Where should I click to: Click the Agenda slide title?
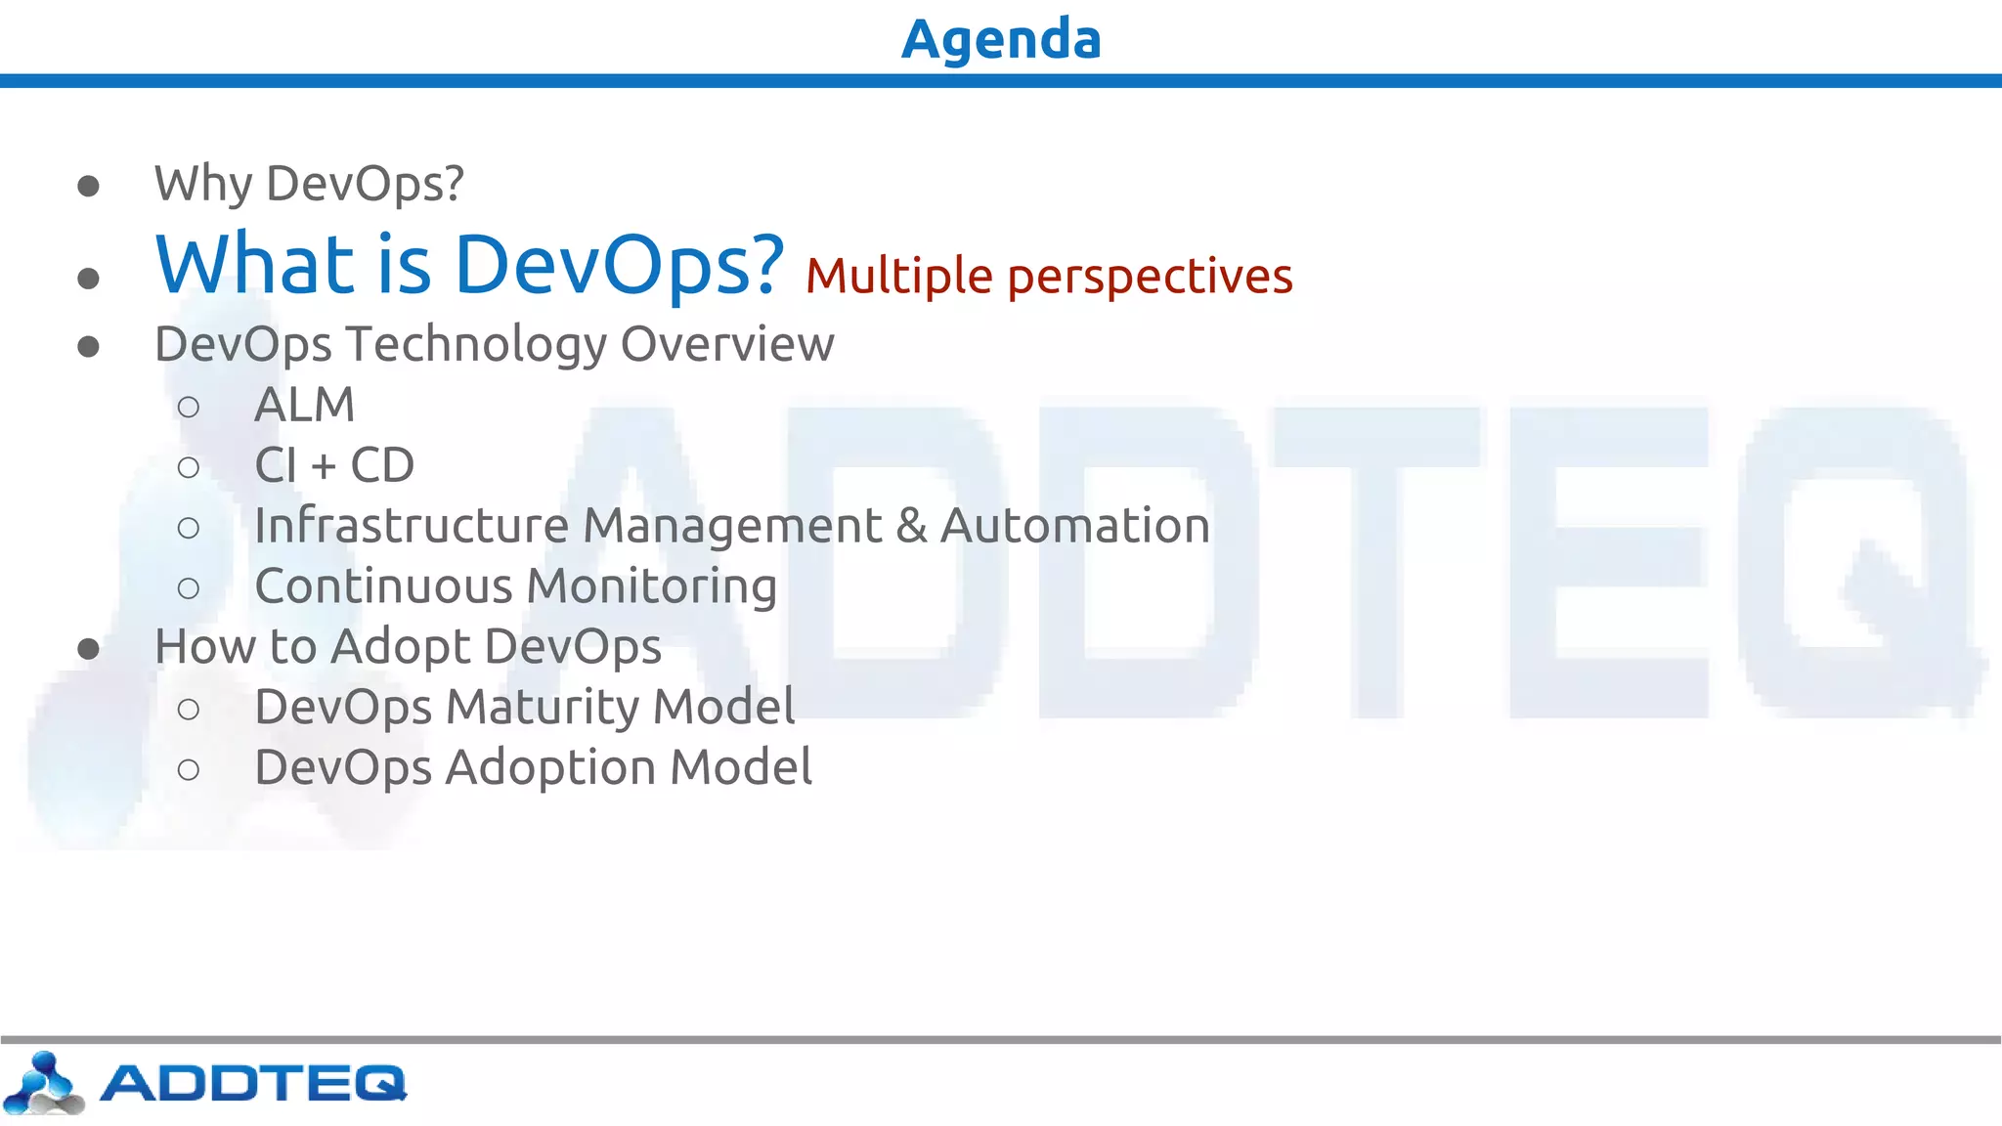coord(1001,39)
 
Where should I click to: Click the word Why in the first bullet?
coord(202,185)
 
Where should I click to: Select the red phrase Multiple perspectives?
coord(1049,276)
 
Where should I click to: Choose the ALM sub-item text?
coord(304,405)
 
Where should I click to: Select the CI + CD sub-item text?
coord(334,465)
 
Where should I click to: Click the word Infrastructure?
coord(412,526)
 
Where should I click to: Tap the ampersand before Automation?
coord(911,526)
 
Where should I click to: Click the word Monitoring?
coord(651,587)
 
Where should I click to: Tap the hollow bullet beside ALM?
coord(189,407)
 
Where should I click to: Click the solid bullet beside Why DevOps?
coord(89,186)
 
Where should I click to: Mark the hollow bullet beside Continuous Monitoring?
coord(189,588)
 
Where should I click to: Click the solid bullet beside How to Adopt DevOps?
coord(89,649)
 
